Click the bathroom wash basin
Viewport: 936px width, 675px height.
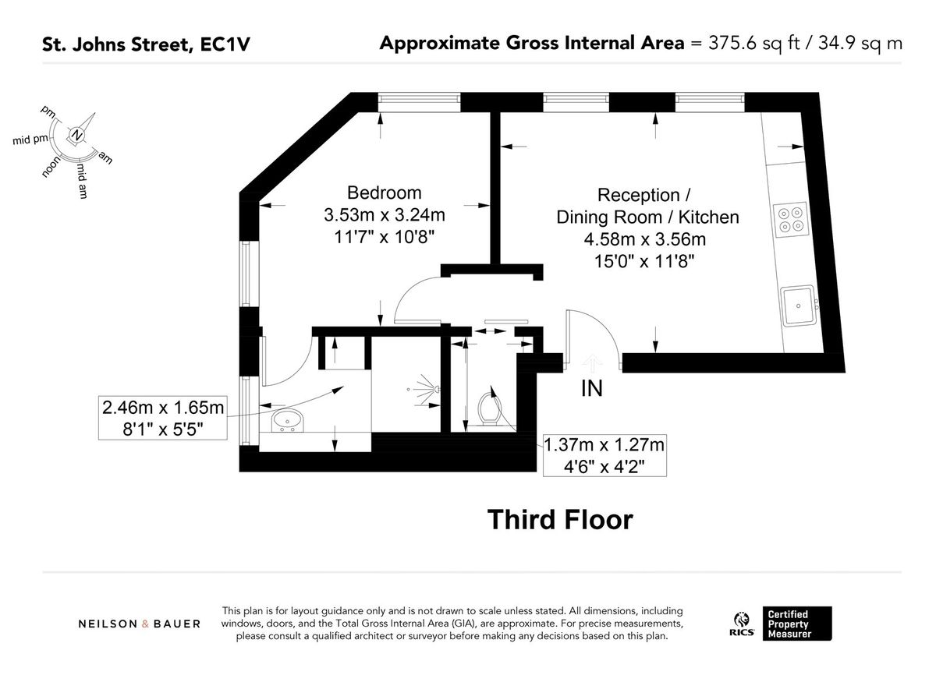287,420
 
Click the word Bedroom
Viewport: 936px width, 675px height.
384,193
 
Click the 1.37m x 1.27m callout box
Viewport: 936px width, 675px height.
604,455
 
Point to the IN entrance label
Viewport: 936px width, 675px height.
591,388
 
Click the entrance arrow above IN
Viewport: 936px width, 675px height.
591,362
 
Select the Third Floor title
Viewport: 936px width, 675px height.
560,519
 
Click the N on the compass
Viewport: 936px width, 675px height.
76,136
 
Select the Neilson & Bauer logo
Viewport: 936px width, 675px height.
139,624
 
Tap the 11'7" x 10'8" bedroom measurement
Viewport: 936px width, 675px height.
384,236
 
